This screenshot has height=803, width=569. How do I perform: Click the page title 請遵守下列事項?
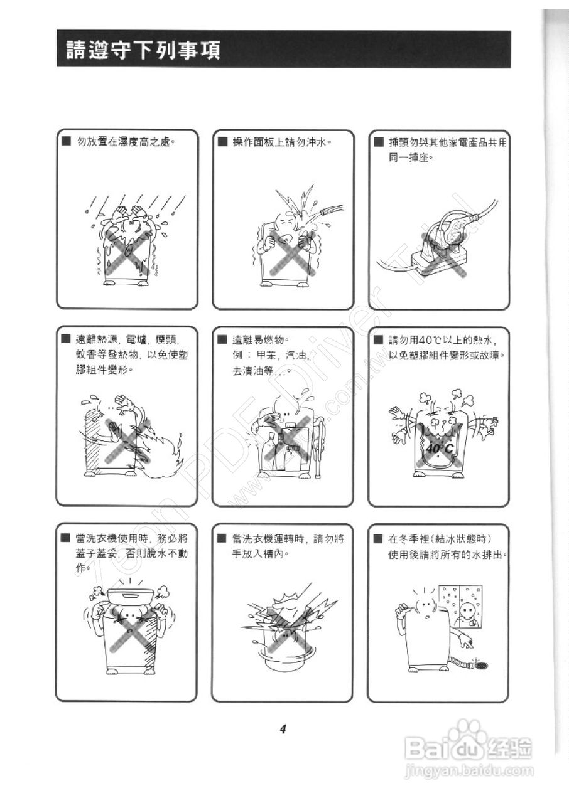(x=144, y=50)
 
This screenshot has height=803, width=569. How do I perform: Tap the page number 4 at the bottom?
(x=283, y=729)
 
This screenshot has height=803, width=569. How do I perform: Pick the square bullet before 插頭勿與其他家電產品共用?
(x=378, y=142)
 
